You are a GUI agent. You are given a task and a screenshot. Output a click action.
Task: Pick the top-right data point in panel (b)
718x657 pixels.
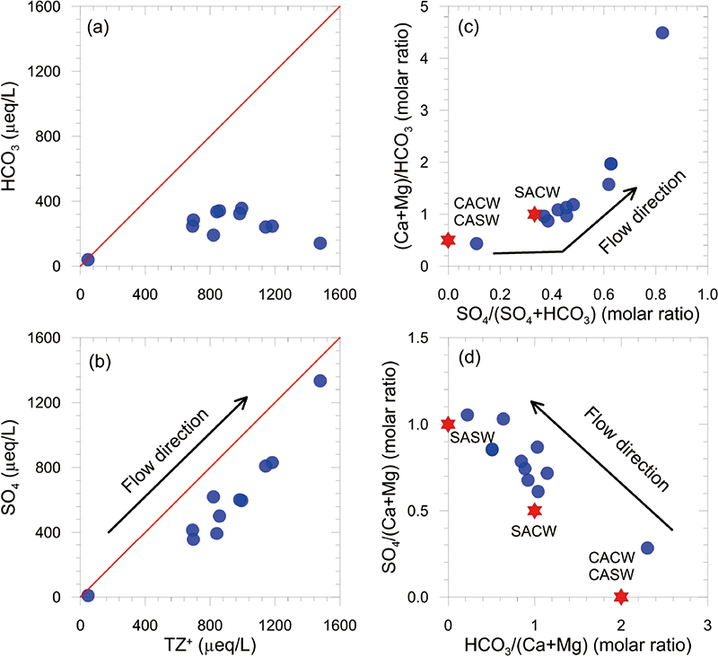point(320,381)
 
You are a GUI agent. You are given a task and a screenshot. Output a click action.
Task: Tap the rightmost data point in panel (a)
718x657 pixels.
point(320,242)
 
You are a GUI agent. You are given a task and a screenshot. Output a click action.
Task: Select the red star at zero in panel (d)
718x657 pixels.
point(621,596)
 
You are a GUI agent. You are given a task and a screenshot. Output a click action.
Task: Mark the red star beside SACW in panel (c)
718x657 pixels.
point(535,214)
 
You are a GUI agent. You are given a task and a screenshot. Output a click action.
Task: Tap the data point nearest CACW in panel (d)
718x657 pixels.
point(647,547)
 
